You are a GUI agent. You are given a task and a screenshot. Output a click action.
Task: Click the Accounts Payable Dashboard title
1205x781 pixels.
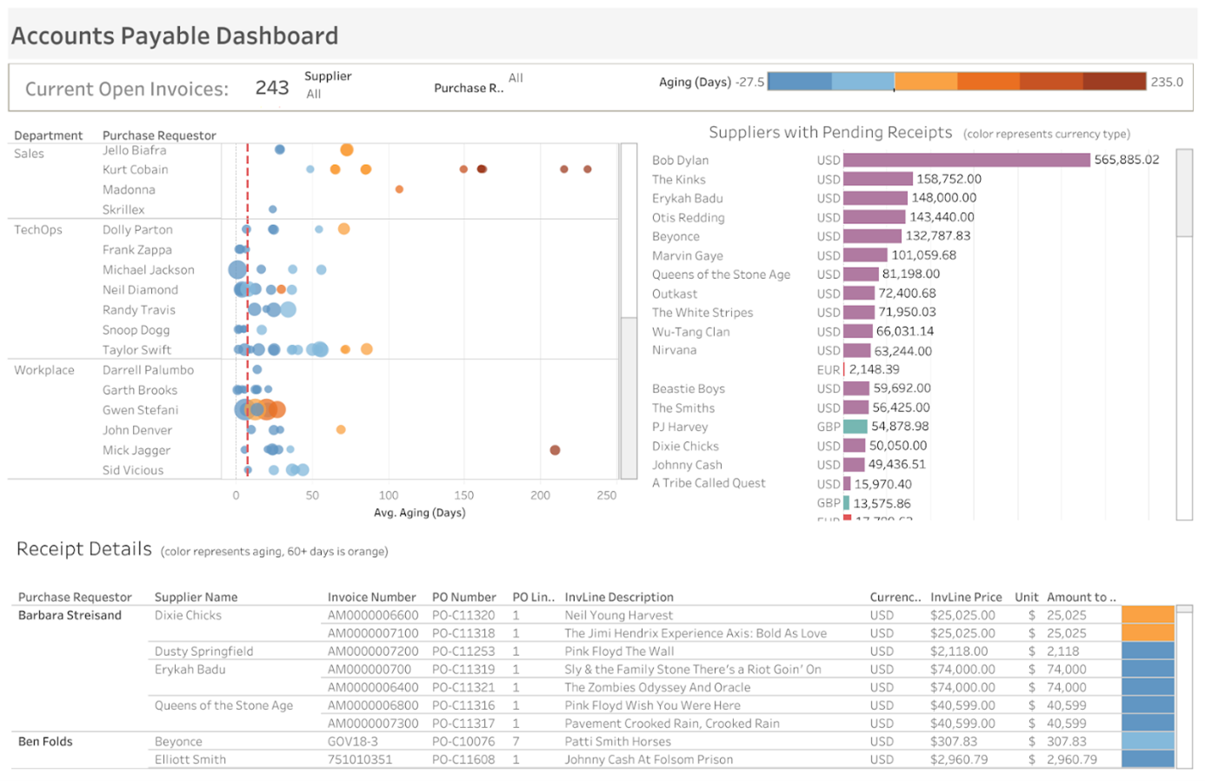174,36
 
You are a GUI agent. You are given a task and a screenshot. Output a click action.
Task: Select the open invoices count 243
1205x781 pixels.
271,88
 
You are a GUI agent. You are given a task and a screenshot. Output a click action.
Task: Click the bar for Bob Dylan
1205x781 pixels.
965,160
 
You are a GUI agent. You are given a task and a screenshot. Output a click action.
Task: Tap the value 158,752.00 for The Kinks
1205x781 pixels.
949,179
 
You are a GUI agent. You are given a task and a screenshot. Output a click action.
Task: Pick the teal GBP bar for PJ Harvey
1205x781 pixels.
855,427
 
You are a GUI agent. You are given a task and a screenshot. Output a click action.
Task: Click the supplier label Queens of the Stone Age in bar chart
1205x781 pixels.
721,275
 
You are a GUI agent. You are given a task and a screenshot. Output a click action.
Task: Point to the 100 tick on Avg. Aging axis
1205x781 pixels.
388,495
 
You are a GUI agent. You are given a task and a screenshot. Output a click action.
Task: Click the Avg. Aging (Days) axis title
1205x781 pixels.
419,513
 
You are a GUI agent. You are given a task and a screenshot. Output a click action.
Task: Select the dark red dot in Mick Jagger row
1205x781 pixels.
555,450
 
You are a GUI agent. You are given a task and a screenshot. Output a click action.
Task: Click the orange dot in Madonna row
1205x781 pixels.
399,189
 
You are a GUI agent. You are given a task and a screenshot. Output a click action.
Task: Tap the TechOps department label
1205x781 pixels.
38,229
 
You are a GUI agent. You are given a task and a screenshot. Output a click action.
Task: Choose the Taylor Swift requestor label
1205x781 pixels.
136,350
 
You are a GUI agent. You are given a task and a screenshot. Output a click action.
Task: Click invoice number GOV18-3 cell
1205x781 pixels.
352,742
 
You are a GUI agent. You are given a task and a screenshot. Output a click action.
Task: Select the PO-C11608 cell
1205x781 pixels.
463,759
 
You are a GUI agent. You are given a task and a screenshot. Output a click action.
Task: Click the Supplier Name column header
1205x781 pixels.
196,597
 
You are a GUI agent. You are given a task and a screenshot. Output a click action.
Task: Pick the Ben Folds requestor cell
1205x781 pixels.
45,742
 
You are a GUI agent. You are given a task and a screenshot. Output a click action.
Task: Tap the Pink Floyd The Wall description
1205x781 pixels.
619,652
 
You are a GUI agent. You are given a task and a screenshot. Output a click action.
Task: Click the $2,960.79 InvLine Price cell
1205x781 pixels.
959,759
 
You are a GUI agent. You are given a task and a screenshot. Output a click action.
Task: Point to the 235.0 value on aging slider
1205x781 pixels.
1167,82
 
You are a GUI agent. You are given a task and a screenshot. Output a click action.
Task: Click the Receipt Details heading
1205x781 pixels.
84,549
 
